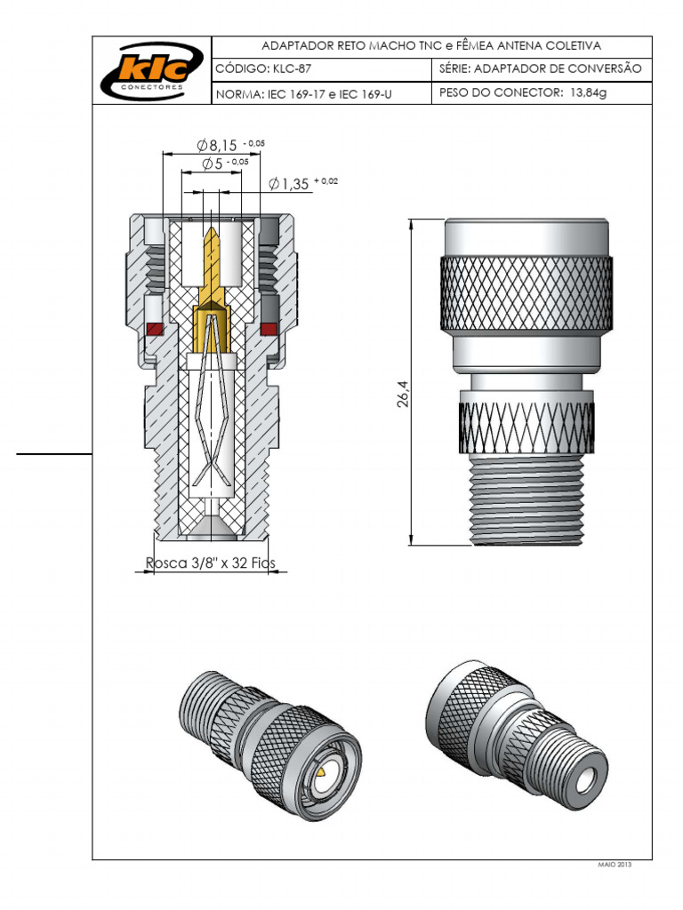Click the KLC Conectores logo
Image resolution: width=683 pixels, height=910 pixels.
pyautogui.click(x=152, y=70)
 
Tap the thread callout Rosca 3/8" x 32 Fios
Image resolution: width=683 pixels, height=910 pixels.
pyautogui.click(x=211, y=563)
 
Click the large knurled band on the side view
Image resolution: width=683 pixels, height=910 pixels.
pyautogui.click(x=525, y=293)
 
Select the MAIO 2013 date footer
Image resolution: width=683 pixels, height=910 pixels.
pyautogui.click(x=613, y=865)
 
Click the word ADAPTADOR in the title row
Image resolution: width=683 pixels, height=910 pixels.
pyautogui.click(x=296, y=45)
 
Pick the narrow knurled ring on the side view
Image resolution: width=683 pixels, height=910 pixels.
pyautogui.click(x=525, y=418)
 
